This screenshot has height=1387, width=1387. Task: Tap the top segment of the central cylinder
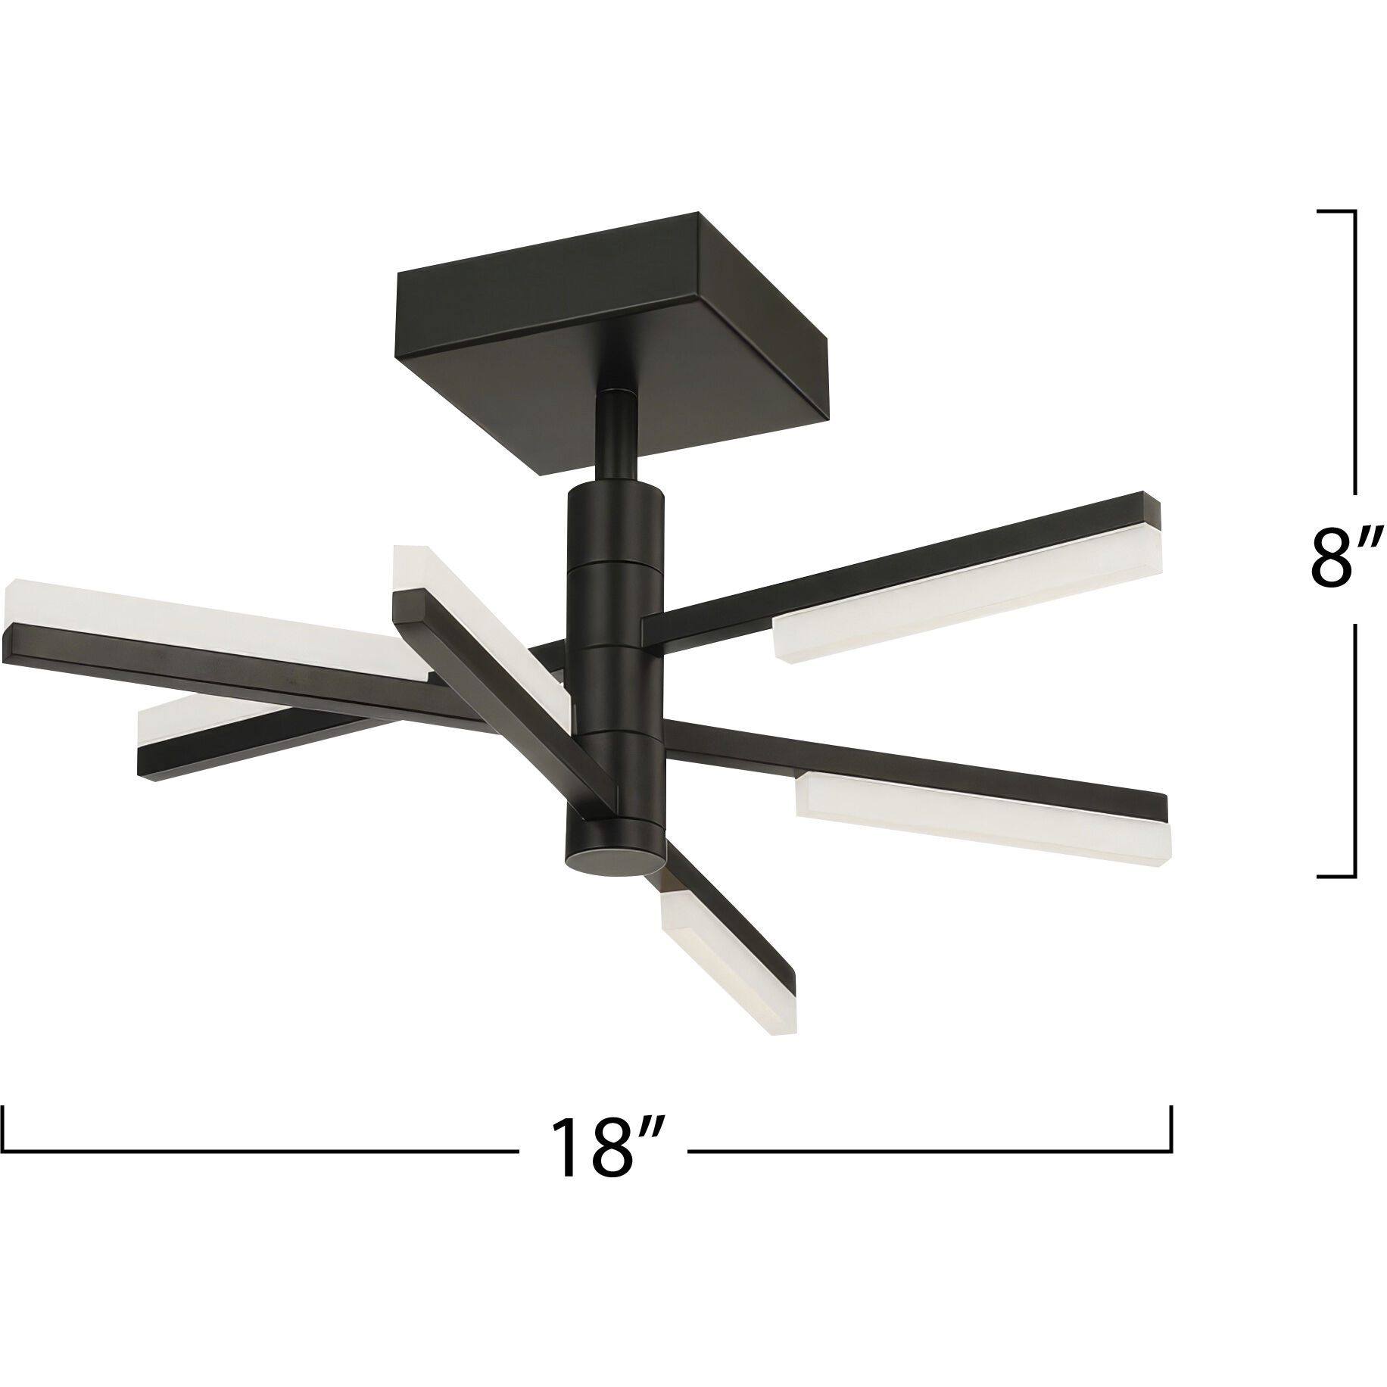[615, 522]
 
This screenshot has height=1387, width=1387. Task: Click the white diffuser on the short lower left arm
[182, 715]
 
